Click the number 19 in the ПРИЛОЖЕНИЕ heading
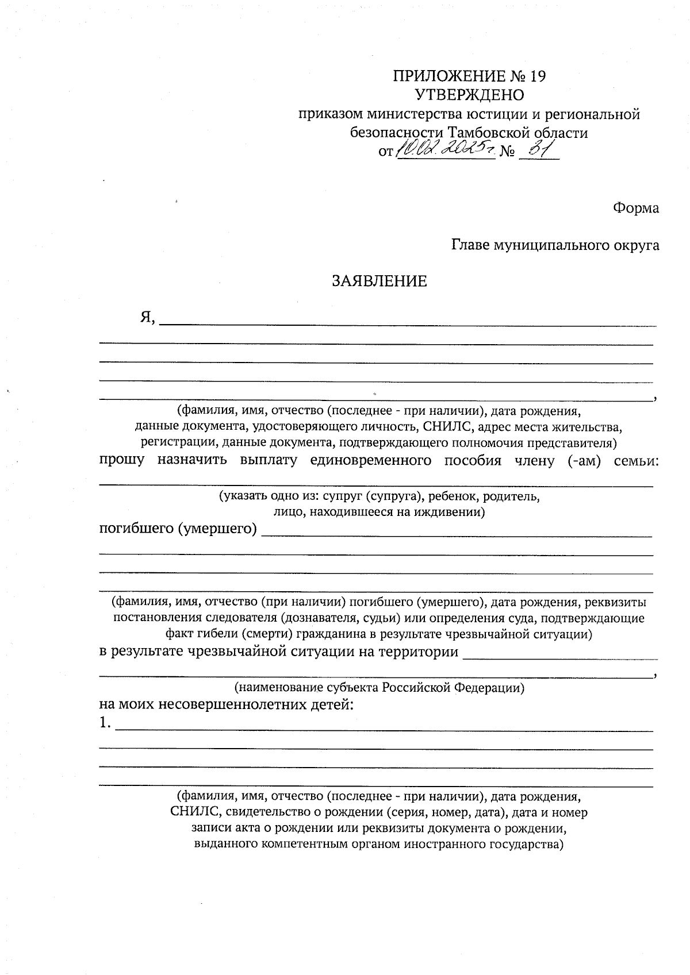[x=537, y=76]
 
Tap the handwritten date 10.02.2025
[x=445, y=149]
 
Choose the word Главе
[x=470, y=245]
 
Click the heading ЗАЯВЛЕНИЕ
[x=379, y=281]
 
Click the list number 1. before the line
[x=105, y=724]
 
